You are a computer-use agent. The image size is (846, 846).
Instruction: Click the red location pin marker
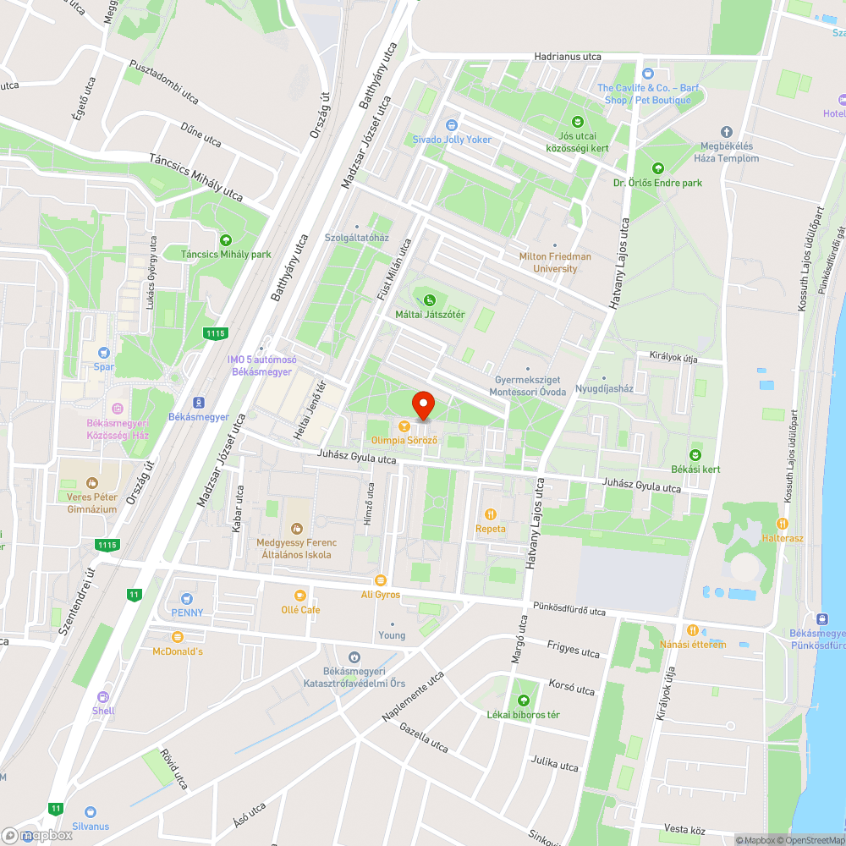[x=422, y=404]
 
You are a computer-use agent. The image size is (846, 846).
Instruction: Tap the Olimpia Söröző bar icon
[x=404, y=426]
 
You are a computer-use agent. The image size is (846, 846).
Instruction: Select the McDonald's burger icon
[x=178, y=636]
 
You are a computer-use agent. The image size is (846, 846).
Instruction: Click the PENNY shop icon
[x=187, y=597]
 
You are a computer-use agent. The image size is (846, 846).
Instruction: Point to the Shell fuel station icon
[x=103, y=696]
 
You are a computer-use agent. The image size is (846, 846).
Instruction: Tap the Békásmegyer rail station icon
[x=199, y=403]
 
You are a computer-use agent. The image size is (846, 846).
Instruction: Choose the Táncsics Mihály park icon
[x=225, y=239]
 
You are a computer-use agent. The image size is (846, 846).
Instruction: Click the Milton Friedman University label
[x=555, y=262]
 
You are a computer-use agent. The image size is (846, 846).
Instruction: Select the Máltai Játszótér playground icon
[x=430, y=299]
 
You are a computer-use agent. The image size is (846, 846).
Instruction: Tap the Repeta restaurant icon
[x=490, y=514]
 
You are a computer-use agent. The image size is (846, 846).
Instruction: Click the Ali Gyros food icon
[x=380, y=580]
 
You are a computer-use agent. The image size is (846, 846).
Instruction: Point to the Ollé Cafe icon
[x=299, y=595]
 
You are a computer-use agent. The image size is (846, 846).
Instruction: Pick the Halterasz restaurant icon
[x=782, y=523]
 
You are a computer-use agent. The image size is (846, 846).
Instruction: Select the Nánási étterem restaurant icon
[x=692, y=629]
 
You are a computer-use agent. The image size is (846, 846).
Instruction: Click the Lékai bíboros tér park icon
[x=523, y=700]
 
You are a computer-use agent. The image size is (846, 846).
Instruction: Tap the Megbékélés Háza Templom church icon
[x=726, y=131]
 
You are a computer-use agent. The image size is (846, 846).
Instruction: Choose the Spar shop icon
[x=104, y=352]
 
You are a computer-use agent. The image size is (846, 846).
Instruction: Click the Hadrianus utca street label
[x=567, y=57]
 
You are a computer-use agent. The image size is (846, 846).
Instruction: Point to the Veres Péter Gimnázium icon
[x=91, y=482]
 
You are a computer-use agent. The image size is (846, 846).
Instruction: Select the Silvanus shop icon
[x=91, y=811]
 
